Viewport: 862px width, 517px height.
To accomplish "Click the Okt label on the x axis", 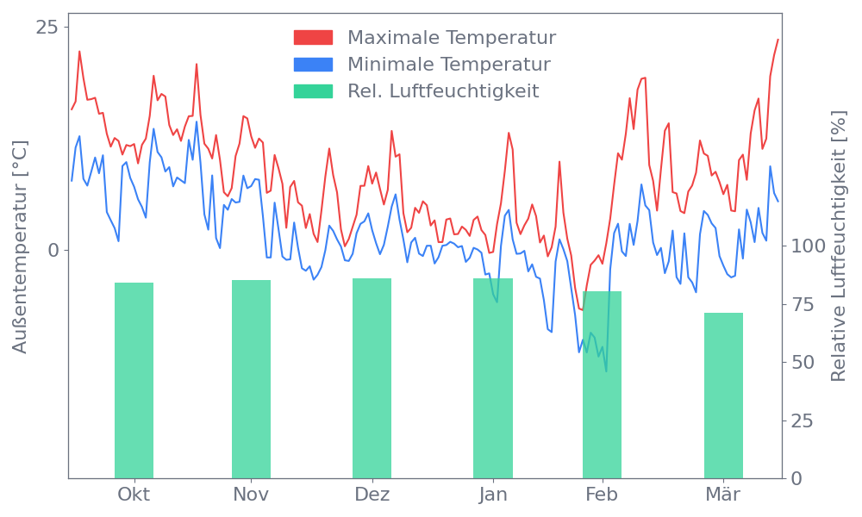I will click(x=134, y=495).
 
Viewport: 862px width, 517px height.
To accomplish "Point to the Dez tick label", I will click(x=372, y=495).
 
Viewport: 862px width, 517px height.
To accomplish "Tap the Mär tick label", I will click(x=724, y=495).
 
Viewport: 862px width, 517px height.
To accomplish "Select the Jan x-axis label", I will click(x=493, y=495).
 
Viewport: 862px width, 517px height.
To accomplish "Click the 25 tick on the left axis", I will click(x=47, y=28).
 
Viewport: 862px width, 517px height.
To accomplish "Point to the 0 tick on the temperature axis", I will click(x=53, y=251).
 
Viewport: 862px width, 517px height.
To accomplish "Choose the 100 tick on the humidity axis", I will click(x=808, y=246).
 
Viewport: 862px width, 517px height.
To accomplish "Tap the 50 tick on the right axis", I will click(x=803, y=363).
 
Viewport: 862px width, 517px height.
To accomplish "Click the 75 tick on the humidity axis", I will click(x=803, y=304).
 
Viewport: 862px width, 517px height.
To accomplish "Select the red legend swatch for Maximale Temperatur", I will click(x=313, y=38).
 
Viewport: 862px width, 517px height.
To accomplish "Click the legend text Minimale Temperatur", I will click(x=448, y=65).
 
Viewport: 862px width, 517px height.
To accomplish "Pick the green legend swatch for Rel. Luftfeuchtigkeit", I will click(x=313, y=91).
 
